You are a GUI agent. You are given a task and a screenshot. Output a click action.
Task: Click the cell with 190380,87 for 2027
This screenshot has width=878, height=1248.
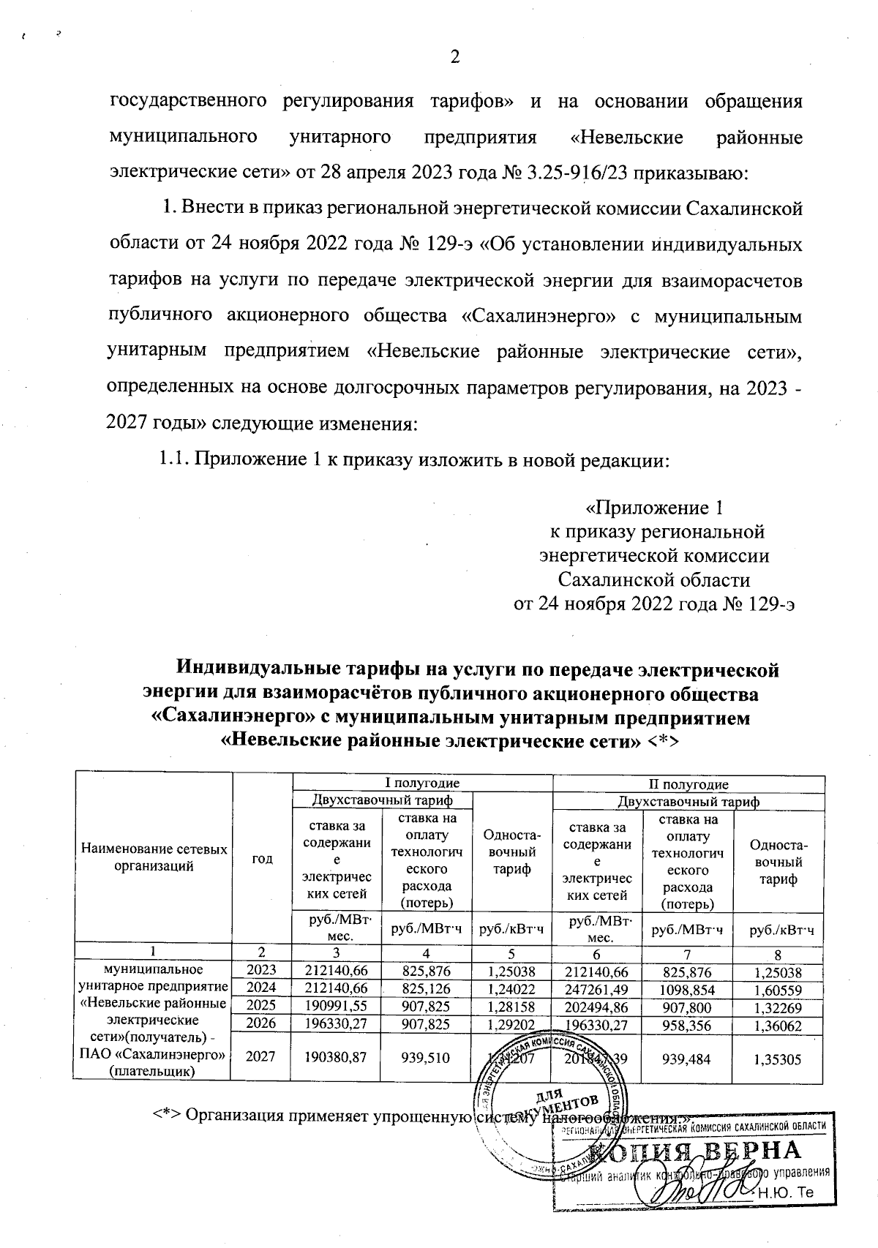coord(337,1054)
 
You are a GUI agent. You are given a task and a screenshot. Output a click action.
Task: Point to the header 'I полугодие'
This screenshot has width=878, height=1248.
coord(422,783)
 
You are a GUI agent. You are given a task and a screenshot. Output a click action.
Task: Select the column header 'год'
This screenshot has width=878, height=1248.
coord(262,858)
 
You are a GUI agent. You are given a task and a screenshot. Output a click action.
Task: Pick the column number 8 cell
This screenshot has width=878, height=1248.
coord(778,953)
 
